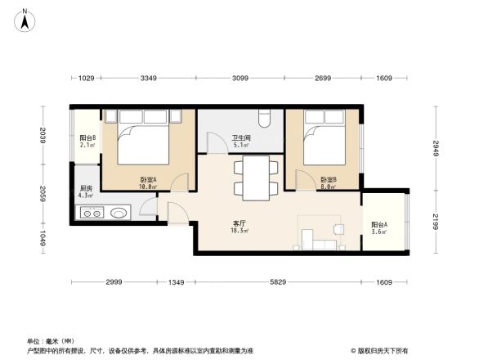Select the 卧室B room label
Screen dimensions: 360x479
tap(329, 182)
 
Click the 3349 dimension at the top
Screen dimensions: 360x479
tap(148, 78)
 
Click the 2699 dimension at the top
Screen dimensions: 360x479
tap(323, 78)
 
